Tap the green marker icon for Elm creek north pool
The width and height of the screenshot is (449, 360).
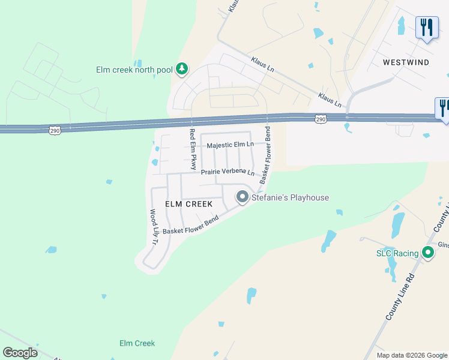point(182,70)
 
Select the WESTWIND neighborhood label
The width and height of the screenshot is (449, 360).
point(406,62)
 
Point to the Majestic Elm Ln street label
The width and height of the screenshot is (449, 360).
point(230,145)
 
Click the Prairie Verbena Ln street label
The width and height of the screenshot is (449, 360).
point(228,172)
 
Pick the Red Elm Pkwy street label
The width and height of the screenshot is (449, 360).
point(193,148)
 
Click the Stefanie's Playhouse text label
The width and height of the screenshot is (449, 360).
point(291,197)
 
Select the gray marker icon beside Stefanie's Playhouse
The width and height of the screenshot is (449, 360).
point(243,197)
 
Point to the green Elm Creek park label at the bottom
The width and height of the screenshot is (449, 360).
point(137,343)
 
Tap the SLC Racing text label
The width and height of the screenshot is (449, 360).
point(397,253)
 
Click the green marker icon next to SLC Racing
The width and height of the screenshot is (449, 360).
point(428,253)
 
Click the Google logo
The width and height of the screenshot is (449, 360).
point(20,353)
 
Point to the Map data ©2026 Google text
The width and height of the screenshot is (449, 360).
point(412,355)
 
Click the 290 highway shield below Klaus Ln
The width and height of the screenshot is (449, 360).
point(322,119)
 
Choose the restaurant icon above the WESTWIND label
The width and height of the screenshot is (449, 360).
point(426,28)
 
